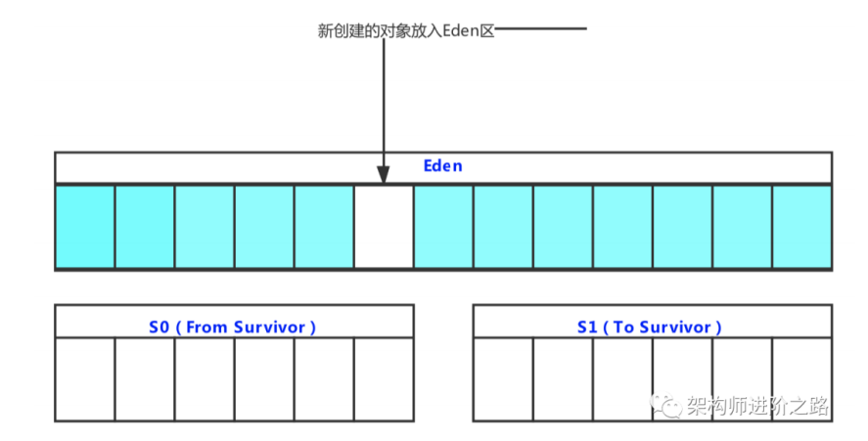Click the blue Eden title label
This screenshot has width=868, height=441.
pos(442,166)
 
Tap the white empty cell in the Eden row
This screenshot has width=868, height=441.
pos(384,226)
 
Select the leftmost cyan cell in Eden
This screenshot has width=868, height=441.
pos(85,226)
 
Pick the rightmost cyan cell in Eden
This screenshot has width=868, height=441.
pos(801,226)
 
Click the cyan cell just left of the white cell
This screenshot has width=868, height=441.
pos(324,226)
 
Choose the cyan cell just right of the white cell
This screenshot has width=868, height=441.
pos(443,226)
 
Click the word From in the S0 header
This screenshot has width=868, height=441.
pos(206,328)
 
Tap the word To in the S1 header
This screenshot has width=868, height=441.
pos(623,328)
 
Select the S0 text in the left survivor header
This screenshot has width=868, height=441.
pos(160,328)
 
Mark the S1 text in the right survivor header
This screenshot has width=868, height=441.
pos(587,328)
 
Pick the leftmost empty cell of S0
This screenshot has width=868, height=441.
pos(85,379)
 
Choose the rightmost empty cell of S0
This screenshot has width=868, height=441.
pos(384,379)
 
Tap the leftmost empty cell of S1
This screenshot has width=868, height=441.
pos(503,379)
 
